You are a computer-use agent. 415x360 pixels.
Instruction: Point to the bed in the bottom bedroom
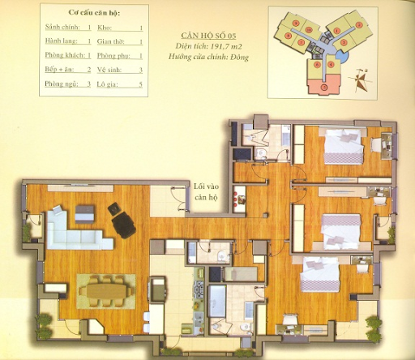pos(319,274)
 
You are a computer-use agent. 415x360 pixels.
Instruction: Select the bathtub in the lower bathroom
pos(217,302)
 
